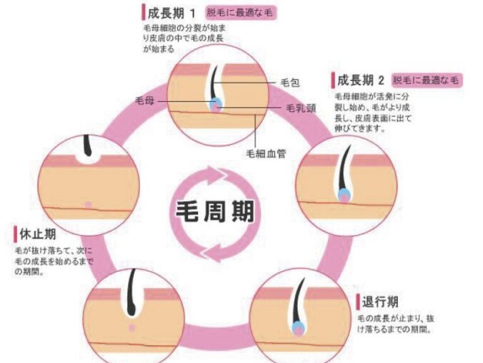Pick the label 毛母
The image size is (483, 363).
[x=144, y=102]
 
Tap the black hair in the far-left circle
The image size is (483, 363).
[x=88, y=145]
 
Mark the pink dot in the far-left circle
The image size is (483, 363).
[x=87, y=205]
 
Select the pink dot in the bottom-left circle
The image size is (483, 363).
[x=132, y=328]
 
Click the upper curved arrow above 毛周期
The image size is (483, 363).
[x=214, y=175]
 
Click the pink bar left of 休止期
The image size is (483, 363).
[x=14, y=234]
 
